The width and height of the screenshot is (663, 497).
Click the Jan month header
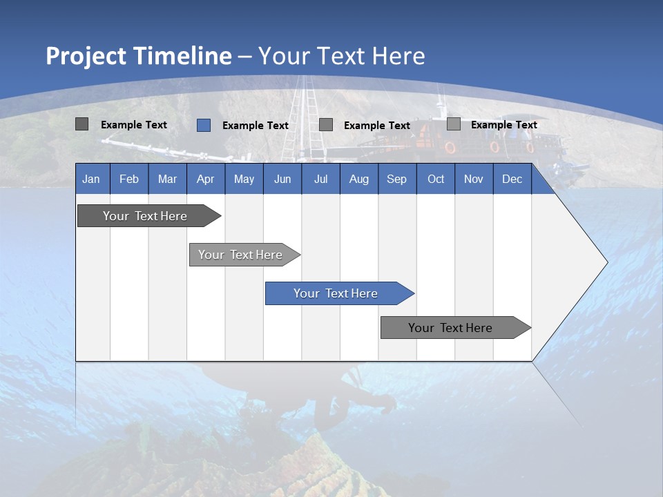(91, 179)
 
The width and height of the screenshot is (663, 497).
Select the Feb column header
(129, 179)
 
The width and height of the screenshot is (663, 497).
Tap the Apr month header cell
(205, 179)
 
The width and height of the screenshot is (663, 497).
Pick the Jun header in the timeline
(282, 179)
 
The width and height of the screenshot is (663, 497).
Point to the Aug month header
(358, 179)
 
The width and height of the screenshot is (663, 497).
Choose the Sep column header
(396, 179)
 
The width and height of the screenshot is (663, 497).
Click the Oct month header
(436, 179)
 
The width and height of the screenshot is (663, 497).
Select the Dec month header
(512, 179)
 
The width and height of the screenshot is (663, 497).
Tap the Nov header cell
(474, 179)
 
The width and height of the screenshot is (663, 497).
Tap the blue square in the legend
(204, 125)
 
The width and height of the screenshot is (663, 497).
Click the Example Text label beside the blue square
(256, 126)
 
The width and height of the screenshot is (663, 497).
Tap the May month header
(244, 179)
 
